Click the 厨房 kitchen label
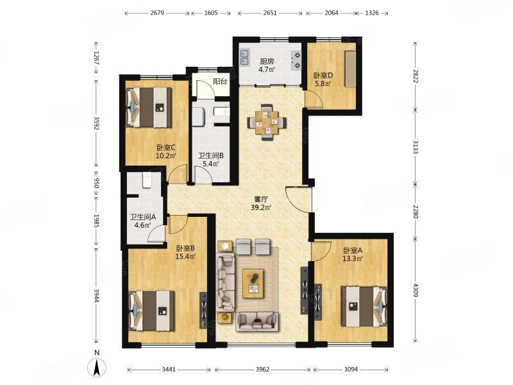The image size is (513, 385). (267, 61)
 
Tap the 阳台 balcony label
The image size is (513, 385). (220, 81)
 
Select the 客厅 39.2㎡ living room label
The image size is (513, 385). (261, 203)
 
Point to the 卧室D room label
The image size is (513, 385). (323, 76)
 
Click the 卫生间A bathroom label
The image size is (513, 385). (142, 217)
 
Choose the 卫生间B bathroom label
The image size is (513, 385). (211, 156)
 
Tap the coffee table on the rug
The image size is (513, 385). (253, 283)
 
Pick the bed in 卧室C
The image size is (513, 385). (149, 107)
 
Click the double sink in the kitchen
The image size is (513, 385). (245, 57)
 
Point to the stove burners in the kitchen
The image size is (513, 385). (296, 60)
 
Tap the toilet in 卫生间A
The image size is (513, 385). (147, 180)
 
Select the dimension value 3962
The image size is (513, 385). (262, 370)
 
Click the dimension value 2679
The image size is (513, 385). (157, 13)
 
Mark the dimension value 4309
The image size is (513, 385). (416, 290)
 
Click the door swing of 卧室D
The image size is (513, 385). (314, 99)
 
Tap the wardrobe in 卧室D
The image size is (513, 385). (350, 69)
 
